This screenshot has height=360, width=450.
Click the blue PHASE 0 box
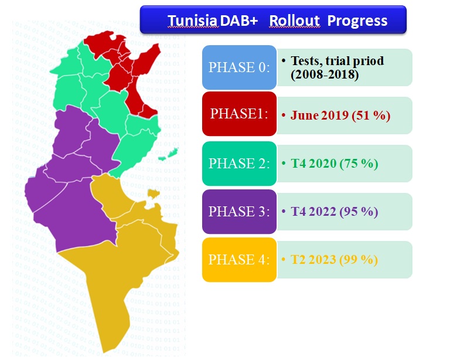pos(239,67)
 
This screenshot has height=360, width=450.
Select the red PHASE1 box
pos(239,114)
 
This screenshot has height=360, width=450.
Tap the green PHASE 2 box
pos(239,164)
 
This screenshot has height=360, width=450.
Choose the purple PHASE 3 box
pos(239,212)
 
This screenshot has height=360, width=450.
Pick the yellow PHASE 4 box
pos(239,260)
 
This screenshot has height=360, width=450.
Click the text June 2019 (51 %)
pos(340,116)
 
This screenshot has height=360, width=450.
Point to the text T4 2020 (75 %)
pos(335,164)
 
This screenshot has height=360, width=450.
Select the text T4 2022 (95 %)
pos(335,212)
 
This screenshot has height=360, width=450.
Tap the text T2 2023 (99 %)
pos(335,260)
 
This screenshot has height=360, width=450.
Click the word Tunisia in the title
pos(192,21)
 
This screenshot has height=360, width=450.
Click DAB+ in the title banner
pos(239,21)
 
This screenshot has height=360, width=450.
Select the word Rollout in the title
pos(295,21)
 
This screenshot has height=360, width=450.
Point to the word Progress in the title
pos(357,21)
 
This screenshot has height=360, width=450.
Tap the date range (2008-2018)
pos(325,74)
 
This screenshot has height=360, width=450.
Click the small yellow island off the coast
pos(154,193)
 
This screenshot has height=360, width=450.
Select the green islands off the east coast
pos(169,154)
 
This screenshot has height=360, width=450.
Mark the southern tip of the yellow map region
pos(104,352)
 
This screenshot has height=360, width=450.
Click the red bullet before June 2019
pos(284,116)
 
